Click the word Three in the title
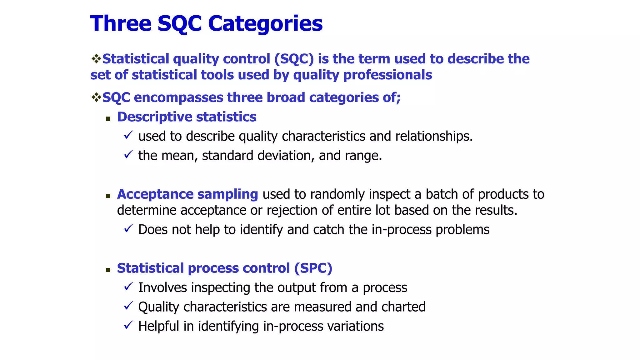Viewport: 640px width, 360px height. pos(121,24)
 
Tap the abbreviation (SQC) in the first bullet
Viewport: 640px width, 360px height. pos(294,59)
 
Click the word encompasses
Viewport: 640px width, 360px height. pos(178,98)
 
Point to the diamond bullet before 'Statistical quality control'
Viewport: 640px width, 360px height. pos(96,58)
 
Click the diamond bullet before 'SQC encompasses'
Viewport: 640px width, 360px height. pos(96,97)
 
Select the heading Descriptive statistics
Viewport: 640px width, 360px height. pos(187,117)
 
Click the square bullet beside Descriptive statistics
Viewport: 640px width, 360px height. pos(108,119)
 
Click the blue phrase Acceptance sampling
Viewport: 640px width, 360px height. pos(187,194)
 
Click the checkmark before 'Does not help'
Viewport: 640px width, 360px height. pos(128,228)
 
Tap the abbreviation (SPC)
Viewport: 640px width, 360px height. pos(313,268)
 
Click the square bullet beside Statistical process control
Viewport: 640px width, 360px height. pos(108,270)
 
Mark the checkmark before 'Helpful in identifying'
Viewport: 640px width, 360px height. pos(128,325)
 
